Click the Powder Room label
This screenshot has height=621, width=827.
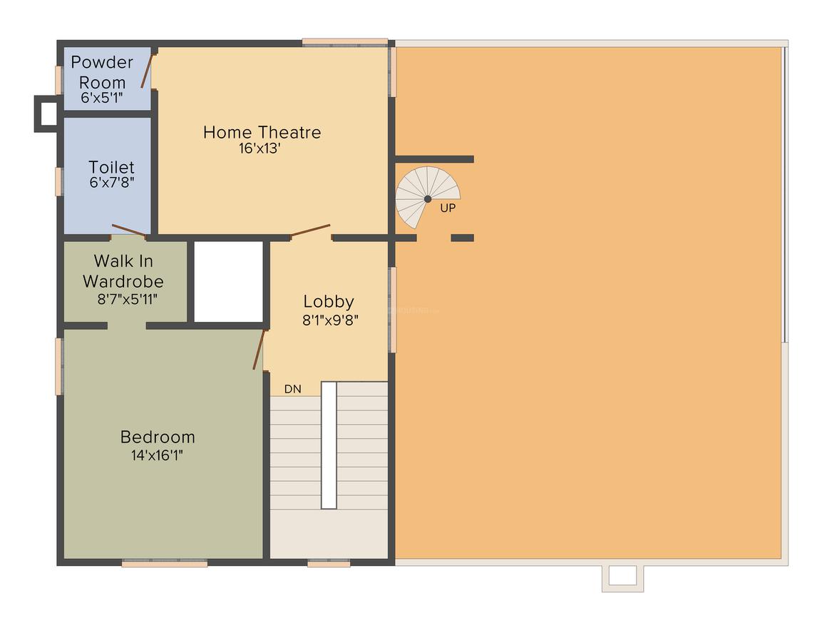pyautogui.click(x=102, y=71)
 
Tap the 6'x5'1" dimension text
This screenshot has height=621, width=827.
pyautogui.click(x=102, y=98)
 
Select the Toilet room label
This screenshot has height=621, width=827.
pyautogui.click(x=111, y=167)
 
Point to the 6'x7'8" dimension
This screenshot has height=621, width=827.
pyautogui.click(x=111, y=182)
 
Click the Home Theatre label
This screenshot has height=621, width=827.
pyautogui.click(x=262, y=132)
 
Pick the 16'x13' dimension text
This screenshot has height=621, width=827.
pyautogui.click(x=262, y=148)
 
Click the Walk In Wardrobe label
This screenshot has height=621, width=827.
pyautogui.click(x=123, y=271)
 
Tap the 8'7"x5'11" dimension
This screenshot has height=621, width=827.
pyautogui.click(x=128, y=298)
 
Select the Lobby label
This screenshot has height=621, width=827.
pyautogui.click(x=329, y=301)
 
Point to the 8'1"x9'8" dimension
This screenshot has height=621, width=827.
pyautogui.click(x=329, y=320)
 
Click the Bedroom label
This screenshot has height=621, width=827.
pyautogui.click(x=158, y=437)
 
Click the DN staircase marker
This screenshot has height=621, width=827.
pyautogui.click(x=292, y=389)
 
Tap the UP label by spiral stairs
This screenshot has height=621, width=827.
pyautogui.click(x=448, y=208)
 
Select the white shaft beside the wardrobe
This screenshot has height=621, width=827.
pyautogui.click(x=228, y=281)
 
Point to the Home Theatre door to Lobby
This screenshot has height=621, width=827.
pyautogui.click(x=310, y=231)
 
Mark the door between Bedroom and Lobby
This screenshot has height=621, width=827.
pyautogui.click(x=260, y=350)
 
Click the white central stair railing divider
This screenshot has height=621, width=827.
pyautogui.click(x=329, y=445)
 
